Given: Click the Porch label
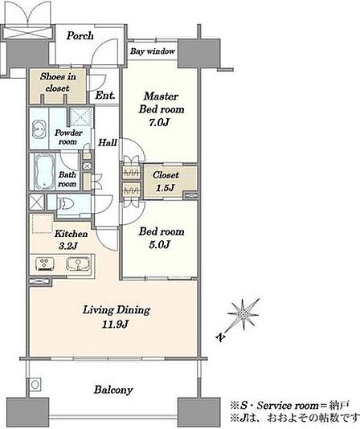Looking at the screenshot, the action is pos(80,36).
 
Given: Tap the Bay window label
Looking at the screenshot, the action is pos(152,51).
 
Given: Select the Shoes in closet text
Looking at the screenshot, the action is pos(58,82).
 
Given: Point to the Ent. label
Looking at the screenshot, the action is pos(105,96).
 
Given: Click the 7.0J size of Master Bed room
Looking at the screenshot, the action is pos(159,122).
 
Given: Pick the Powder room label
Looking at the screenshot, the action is pos(68,137).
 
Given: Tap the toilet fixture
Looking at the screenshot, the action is pos(66,203).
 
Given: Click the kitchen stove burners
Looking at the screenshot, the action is pos(44,264).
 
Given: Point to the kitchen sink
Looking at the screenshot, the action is pos(78,264).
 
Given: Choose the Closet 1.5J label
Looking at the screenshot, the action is pos(166,181).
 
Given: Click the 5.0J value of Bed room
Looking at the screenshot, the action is pos(159,244).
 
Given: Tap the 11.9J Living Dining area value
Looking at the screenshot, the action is pos(115,325).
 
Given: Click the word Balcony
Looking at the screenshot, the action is pos(113,390).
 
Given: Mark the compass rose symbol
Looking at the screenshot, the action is pos(243,315).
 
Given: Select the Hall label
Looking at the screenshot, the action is pos(108,142).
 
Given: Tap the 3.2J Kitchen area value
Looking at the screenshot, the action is pos(68,247).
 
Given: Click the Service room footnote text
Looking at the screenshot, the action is pos(290,405).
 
